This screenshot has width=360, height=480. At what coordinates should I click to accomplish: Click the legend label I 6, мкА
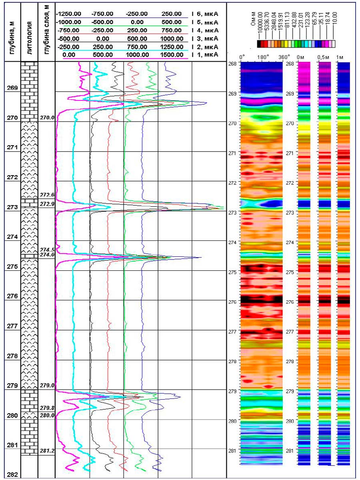(x=205, y=14)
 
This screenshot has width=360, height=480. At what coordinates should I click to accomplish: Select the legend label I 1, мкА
(x=205, y=54)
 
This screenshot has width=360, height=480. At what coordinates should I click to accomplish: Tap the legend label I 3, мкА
(x=205, y=38)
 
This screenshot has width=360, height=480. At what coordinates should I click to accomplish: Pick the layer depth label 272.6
(x=47, y=195)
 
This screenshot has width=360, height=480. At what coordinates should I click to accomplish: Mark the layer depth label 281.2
(x=47, y=450)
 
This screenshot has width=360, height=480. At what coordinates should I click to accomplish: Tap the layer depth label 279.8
(x=47, y=408)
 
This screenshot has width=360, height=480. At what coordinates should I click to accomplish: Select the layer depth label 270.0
(x=47, y=118)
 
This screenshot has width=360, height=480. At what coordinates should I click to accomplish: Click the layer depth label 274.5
(x=47, y=250)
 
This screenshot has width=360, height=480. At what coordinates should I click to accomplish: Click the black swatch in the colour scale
(x=260, y=44)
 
